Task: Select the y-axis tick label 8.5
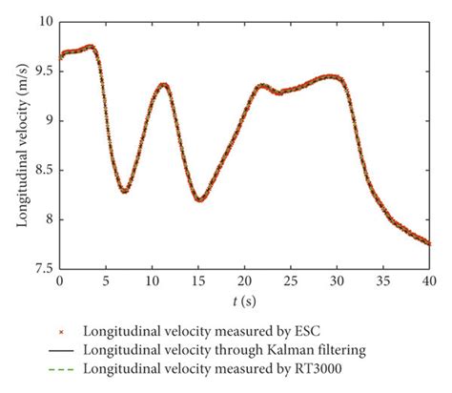(x=41, y=170)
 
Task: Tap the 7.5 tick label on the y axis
(x=41, y=269)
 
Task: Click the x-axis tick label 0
(x=59, y=283)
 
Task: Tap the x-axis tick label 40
(x=428, y=283)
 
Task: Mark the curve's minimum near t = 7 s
(x=124, y=191)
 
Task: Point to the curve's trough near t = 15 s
(x=199, y=199)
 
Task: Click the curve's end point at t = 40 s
(x=428, y=243)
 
